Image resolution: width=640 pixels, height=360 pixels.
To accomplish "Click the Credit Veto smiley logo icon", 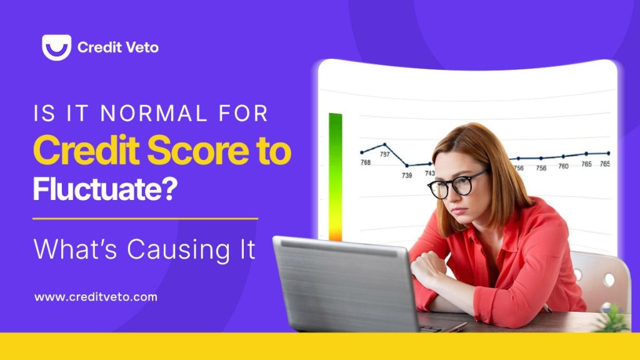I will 56,47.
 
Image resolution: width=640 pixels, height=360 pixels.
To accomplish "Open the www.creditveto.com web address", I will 96,297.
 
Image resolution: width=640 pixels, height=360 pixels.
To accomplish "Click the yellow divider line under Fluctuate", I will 145,219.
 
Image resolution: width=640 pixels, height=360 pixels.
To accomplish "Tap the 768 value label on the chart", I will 366,163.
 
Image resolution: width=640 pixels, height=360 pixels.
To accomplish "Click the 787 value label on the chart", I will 385,154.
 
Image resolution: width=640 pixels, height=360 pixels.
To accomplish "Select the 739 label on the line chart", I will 407,176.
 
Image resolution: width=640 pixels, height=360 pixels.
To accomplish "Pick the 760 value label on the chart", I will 563,166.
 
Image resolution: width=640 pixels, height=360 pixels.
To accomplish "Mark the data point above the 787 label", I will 384,144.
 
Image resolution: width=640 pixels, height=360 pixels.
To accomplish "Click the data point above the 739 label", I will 407,166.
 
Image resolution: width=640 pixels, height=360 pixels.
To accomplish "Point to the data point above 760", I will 563,156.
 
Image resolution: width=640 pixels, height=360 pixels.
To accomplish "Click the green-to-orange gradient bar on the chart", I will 336,175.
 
